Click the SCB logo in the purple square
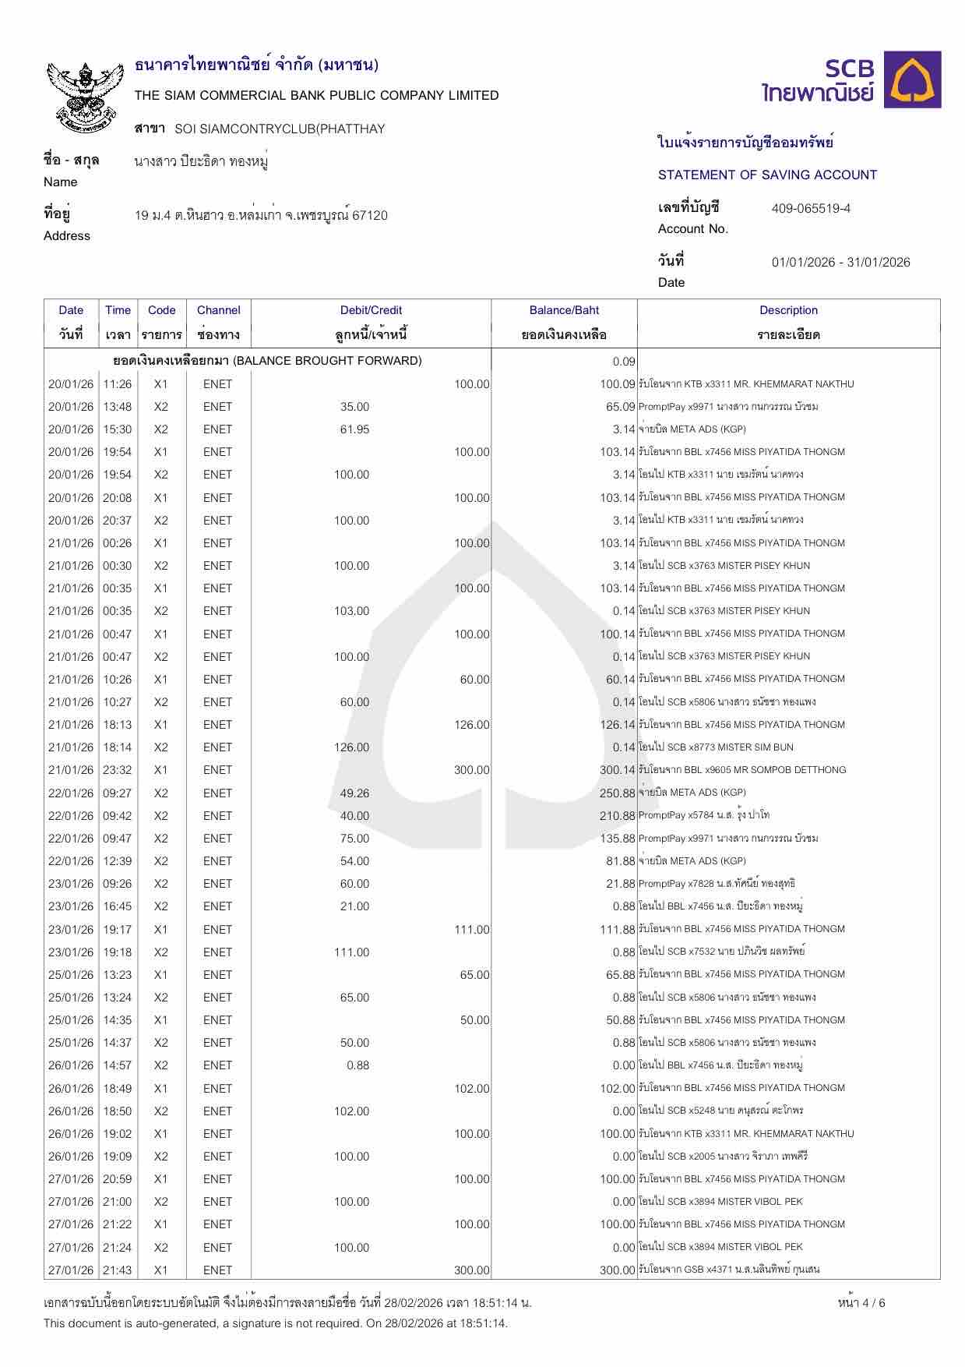point(916,79)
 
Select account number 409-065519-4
point(811,208)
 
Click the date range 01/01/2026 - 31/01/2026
point(840,262)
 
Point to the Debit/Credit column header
point(371,310)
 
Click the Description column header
point(788,310)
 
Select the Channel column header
point(218,310)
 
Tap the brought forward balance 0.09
point(624,361)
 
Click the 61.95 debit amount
point(354,429)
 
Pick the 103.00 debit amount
point(351,611)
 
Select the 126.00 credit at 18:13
point(472,725)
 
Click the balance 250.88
point(618,793)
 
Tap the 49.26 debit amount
point(354,793)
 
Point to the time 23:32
point(118,770)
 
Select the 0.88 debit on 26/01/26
point(357,1065)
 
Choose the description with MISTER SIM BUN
point(716,747)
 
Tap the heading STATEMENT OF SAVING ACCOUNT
point(767,175)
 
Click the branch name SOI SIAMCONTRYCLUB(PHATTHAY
point(280,129)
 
